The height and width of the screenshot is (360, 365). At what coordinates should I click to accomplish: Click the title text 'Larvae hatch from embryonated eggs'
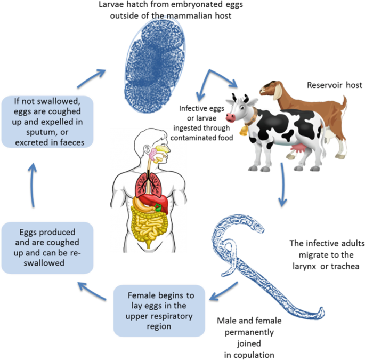pyautogui.click(x=166, y=10)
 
